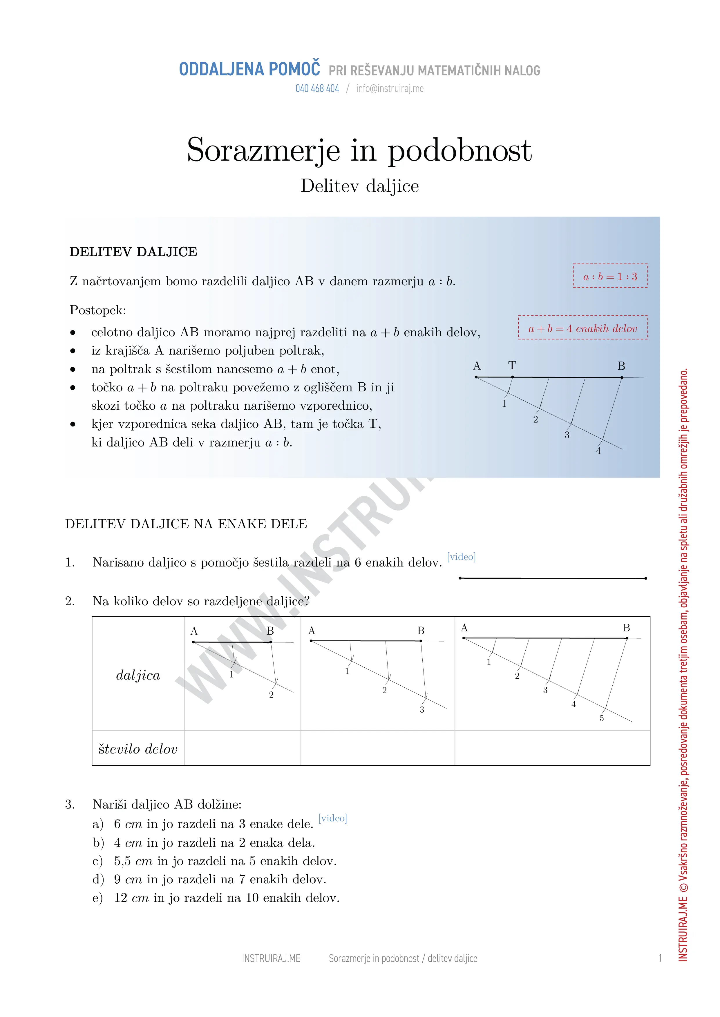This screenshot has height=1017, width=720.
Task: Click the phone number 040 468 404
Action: point(317,89)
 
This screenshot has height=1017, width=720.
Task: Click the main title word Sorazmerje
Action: point(263,150)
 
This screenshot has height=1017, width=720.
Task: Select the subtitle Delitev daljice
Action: point(359,186)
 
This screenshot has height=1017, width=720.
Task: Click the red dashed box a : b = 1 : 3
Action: point(610,276)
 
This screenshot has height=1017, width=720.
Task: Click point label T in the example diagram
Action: point(512,366)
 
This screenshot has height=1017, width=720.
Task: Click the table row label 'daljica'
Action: point(138,675)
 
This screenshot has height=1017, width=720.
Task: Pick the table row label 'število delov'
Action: point(138,749)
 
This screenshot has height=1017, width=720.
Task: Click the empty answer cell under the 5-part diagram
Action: point(552,748)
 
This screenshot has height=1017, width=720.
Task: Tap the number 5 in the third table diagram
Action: point(602,718)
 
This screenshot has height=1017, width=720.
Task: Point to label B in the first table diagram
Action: point(270,631)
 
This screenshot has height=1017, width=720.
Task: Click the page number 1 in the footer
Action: point(660,958)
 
